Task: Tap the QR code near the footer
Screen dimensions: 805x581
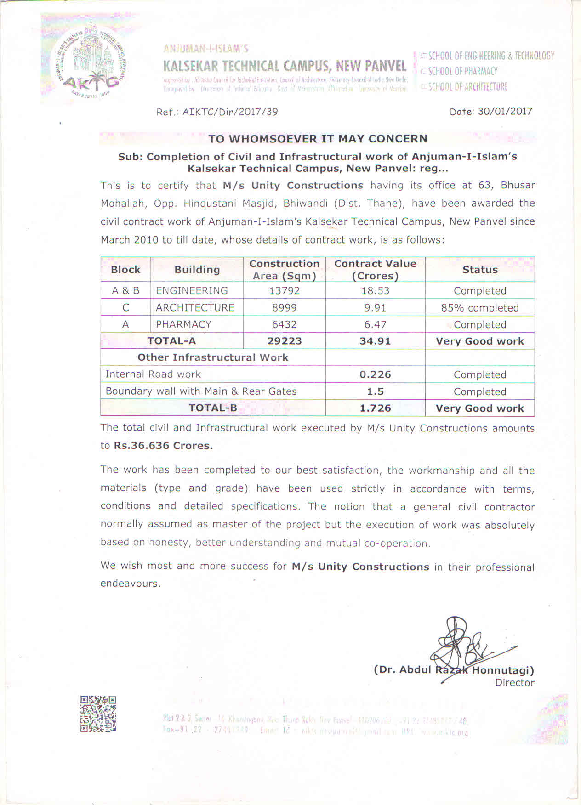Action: [98, 714]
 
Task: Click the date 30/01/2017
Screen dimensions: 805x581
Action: [505, 112]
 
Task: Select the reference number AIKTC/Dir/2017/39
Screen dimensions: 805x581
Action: [230, 112]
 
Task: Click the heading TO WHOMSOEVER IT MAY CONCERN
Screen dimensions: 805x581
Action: [318, 139]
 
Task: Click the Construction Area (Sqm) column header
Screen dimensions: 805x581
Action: [284, 270]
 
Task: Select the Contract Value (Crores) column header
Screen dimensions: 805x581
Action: [375, 270]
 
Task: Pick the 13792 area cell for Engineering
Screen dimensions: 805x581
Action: [284, 291]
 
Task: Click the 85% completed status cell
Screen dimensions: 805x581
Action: [479, 308]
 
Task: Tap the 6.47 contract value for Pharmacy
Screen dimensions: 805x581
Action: [375, 325]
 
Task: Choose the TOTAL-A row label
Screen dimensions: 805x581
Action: [171, 341]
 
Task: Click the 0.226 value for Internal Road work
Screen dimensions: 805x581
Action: [375, 374]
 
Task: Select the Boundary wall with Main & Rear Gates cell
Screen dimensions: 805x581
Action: [201, 391]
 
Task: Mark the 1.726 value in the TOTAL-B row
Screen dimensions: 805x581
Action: [375, 408]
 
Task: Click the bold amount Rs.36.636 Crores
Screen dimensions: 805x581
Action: [163, 446]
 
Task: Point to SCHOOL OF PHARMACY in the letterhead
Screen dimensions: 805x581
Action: [462, 71]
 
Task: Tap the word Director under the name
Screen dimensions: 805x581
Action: [514, 683]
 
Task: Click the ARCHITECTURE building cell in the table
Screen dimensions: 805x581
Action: [195, 308]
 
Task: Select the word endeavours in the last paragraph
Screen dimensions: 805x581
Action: [131, 584]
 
